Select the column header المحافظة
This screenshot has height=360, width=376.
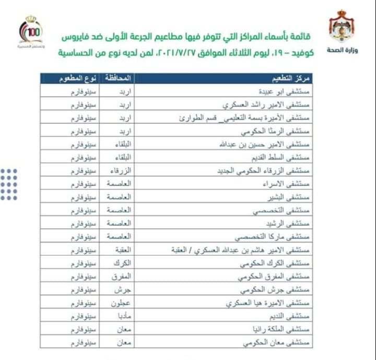click(x=119, y=78)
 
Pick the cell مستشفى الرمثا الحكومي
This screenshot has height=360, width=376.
click(x=283, y=131)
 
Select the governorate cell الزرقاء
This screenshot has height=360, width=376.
click(x=119, y=171)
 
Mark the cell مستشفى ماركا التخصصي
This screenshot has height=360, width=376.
click(x=281, y=237)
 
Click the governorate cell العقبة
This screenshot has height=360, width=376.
click(x=120, y=250)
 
